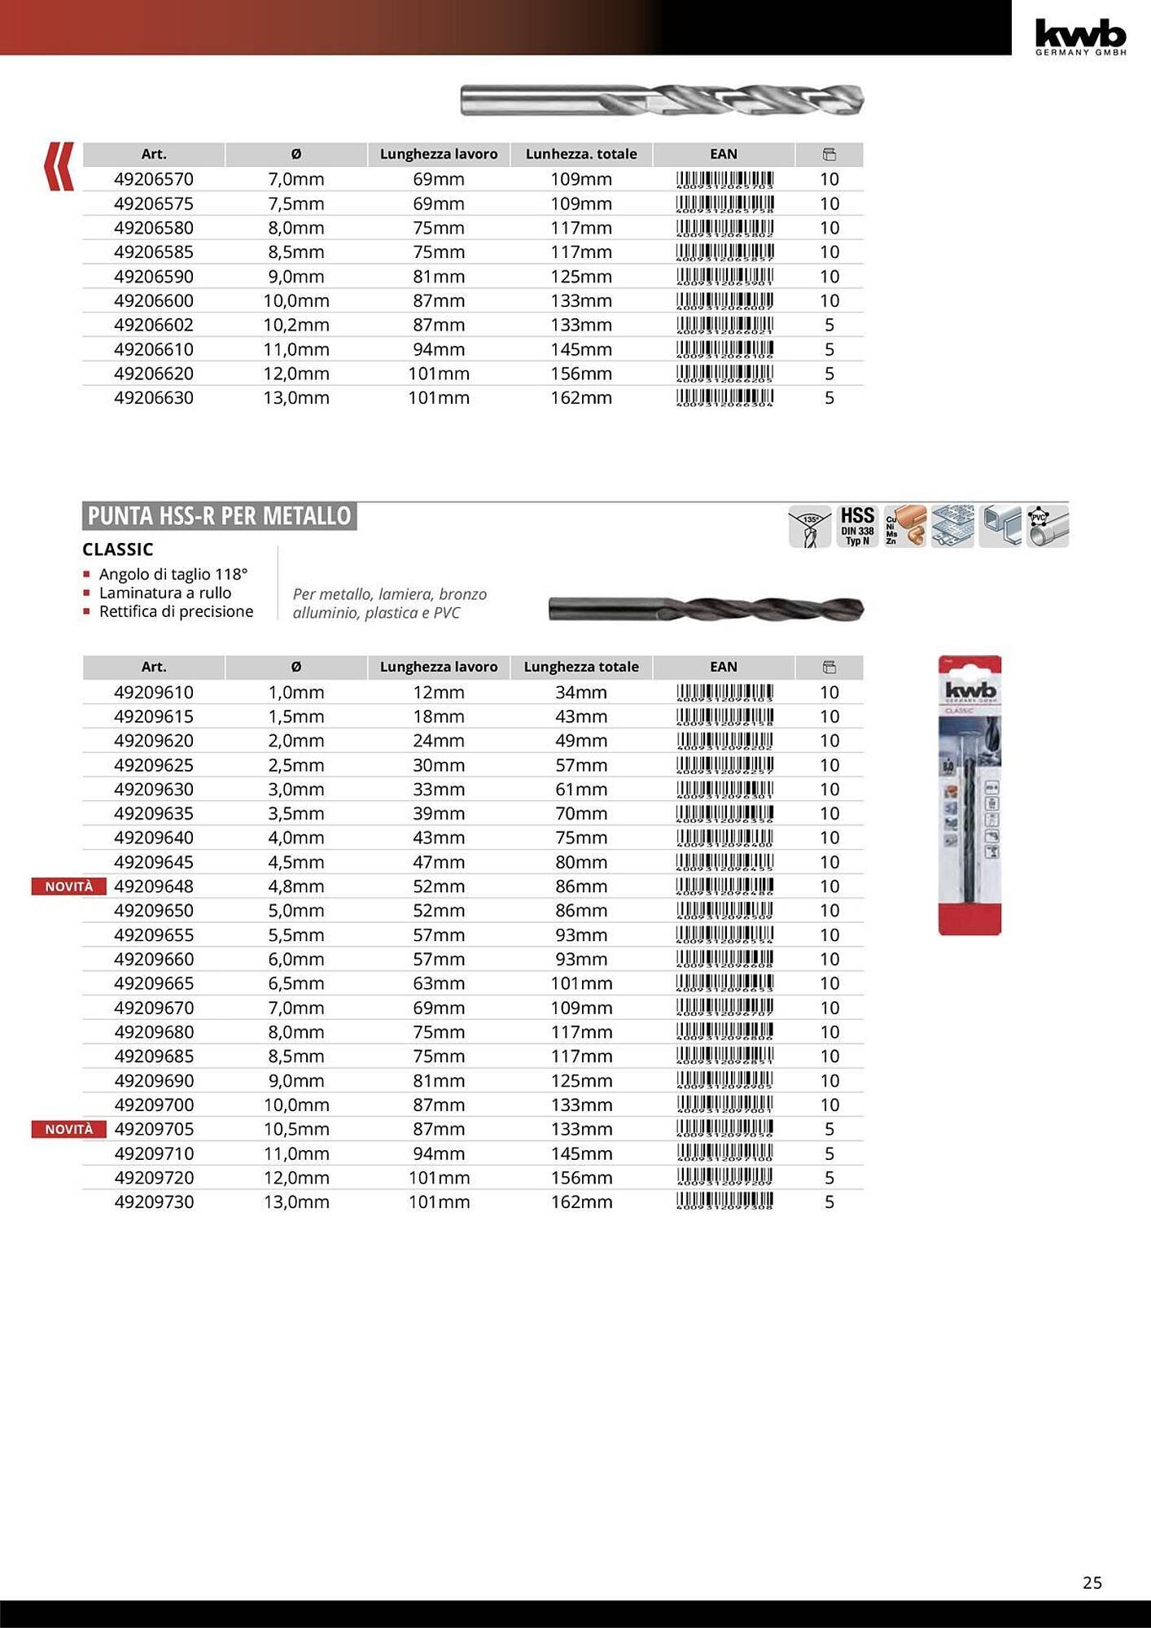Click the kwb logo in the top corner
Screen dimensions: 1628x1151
[1080, 37]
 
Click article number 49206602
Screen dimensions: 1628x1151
[154, 325]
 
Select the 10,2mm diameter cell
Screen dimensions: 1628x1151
[296, 325]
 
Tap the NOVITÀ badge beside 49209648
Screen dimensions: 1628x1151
[69, 886]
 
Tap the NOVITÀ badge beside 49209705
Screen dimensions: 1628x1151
[69, 1129]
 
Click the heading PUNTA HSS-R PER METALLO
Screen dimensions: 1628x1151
[219, 516]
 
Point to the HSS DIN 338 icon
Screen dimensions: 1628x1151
[857, 526]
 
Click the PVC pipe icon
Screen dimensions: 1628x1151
[1048, 526]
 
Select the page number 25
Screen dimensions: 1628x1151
[1092, 1582]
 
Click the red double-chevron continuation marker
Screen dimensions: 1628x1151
[59, 166]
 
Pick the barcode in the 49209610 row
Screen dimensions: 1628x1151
[724, 693]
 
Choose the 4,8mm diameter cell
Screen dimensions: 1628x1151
[296, 886]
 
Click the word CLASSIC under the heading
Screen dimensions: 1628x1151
[118, 549]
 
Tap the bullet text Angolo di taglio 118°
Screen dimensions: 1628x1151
[173, 574]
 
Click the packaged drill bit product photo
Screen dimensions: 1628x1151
[969, 795]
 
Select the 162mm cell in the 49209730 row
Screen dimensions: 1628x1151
[581, 1202]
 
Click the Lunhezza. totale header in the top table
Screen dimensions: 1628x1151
[581, 154]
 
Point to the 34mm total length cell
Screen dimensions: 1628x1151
[581, 693]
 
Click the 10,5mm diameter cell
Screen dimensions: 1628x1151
[296, 1129]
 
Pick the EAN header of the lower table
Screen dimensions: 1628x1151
[724, 667]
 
